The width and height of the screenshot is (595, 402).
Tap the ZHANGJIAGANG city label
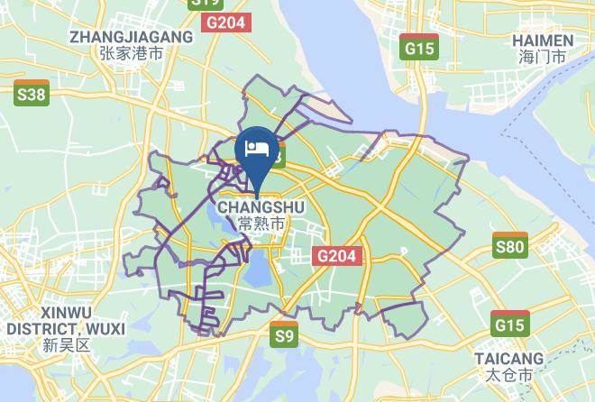132,37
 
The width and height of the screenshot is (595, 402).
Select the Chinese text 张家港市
132,54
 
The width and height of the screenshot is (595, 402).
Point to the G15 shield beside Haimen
418,48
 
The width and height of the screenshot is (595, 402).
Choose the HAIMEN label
542,41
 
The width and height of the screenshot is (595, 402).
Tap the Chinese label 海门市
542,57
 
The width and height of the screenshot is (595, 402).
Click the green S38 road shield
32,92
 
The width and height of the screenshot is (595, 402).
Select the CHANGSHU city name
261,206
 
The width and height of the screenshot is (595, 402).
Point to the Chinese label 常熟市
261,223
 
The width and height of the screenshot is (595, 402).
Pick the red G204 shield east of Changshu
338,256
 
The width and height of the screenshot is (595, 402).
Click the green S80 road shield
510,246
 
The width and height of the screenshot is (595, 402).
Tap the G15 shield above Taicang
510,323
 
